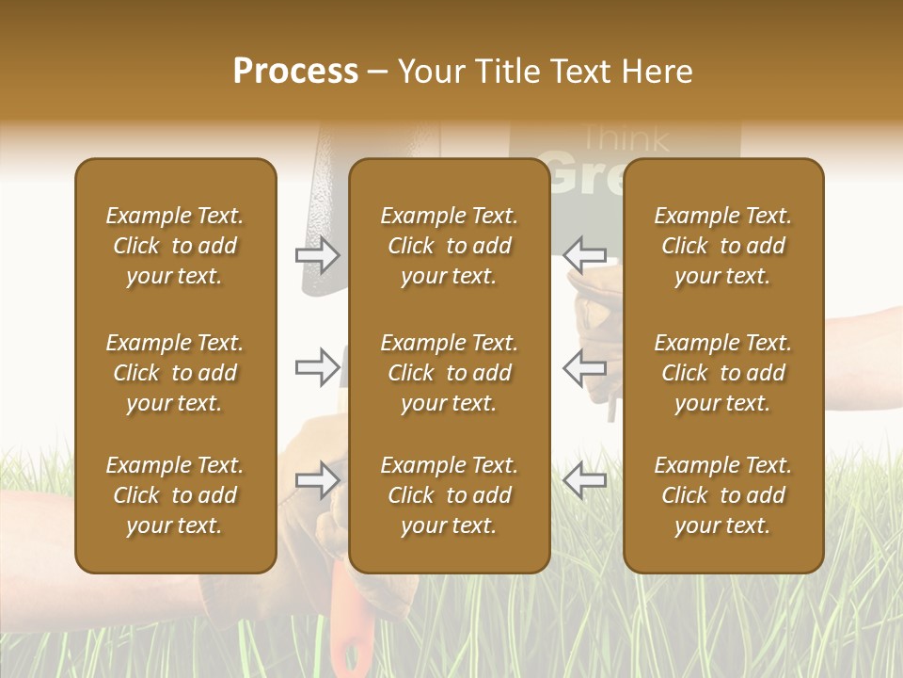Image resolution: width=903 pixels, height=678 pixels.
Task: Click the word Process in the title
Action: [295, 72]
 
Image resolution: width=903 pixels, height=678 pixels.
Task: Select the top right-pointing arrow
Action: [318, 255]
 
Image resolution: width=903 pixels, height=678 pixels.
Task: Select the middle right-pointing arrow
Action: [318, 368]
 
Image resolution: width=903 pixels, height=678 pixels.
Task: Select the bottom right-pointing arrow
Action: [318, 481]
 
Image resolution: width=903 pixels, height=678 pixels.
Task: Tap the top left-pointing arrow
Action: [584, 255]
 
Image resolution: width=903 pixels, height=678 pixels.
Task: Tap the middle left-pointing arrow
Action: [584, 368]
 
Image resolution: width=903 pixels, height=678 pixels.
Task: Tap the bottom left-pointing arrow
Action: [584, 481]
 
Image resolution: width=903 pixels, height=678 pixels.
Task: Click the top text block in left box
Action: [175, 246]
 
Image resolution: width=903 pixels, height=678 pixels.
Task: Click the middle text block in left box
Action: [175, 373]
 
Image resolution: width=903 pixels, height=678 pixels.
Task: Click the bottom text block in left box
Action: [175, 495]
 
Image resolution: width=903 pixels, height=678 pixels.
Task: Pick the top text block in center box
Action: [449, 246]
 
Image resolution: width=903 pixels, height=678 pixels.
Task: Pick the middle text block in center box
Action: [449, 373]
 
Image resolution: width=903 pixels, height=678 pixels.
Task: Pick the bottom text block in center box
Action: [449, 495]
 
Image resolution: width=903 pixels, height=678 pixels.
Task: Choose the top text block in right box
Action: [722, 246]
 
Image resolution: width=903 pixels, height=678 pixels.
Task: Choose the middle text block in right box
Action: [722, 373]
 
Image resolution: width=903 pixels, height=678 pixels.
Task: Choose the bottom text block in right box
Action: [722, 495]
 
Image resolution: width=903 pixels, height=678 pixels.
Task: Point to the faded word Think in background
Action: [626, 138]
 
